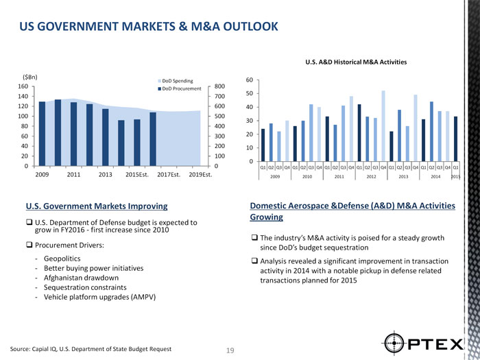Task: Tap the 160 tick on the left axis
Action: [23, 86]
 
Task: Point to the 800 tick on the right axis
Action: [219, 86]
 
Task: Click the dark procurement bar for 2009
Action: [43, 134]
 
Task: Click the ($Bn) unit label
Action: [31, 75]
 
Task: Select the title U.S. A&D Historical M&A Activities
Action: [356, 62]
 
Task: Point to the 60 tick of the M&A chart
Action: [250, 80]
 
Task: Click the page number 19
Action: [230, 351]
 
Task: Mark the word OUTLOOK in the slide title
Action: [240, 27]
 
